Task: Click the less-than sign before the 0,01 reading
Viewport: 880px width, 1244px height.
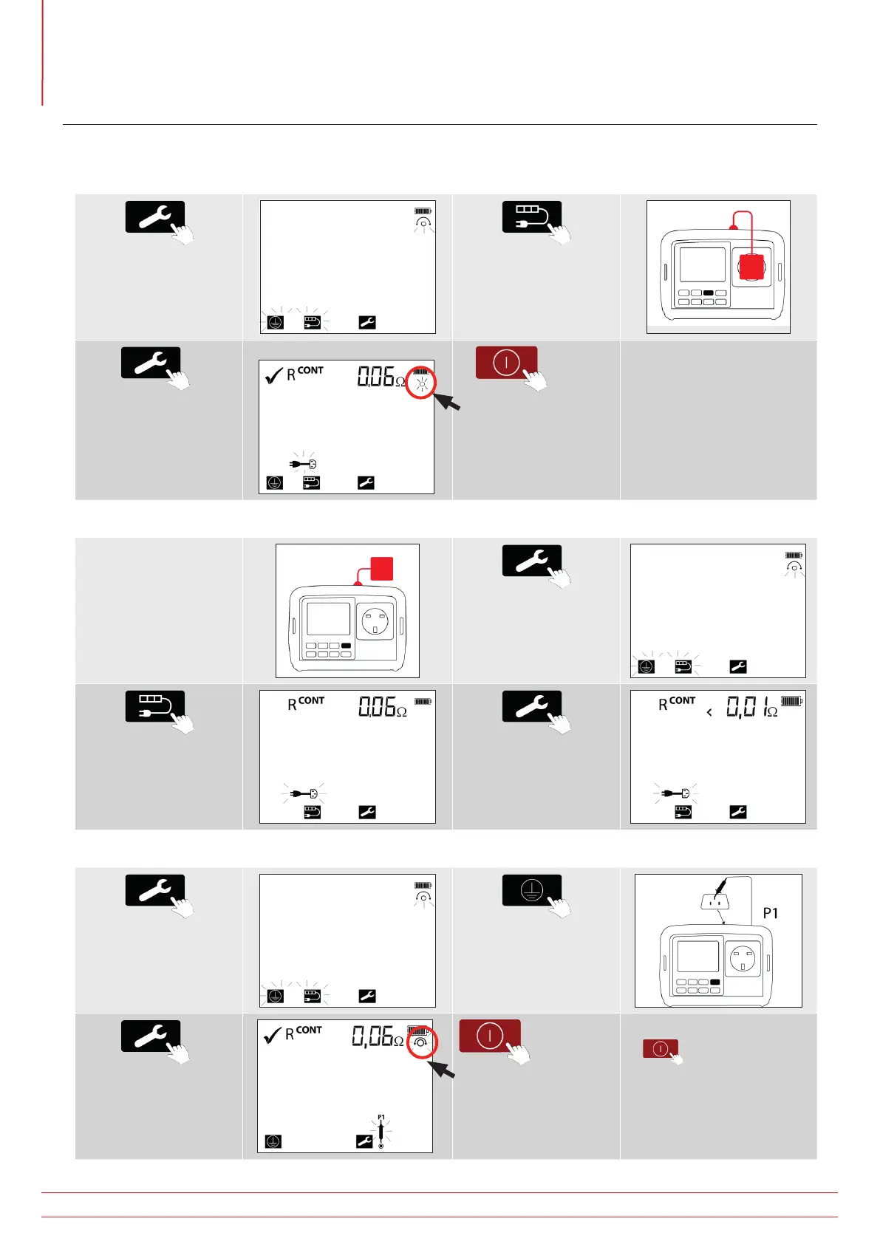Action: pos(709,712)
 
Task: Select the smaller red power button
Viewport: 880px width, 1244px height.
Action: pos(661,1048)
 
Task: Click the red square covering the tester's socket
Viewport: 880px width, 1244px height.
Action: pos(751,267)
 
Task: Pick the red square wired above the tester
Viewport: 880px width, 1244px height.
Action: pos(382,569)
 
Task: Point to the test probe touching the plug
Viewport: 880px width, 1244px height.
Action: pos(721,885)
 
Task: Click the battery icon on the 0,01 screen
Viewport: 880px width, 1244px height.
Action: pos(791,701)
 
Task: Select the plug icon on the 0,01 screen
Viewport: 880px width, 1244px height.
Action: pos(675,793)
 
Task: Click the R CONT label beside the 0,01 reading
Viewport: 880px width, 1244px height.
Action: pos(677,703)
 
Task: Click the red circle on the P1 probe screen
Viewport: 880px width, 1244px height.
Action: pos(422,1043)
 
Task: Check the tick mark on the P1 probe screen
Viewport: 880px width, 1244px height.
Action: pos(272,1035)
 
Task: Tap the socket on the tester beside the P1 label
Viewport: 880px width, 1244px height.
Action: pos(743,959)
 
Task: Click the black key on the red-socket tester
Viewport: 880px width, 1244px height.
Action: pos(709,293)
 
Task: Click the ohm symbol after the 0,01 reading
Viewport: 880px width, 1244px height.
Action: pos(772,712)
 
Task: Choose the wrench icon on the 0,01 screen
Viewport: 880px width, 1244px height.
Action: pos(738,812)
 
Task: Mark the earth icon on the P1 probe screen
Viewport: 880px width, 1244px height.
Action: pos(273,1141)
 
